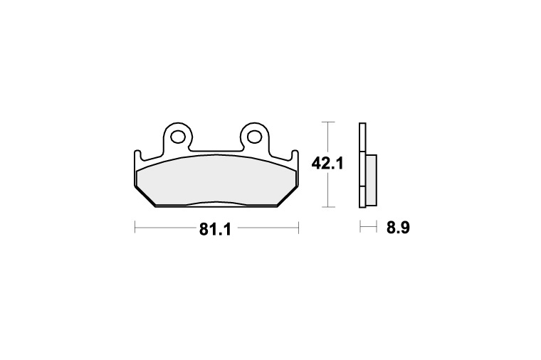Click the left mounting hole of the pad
tap(178, 136)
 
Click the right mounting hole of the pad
tap(255, 136)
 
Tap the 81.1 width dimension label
tap(214, 229)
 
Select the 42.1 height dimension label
tap(327, 163)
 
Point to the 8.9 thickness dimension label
tap(398, 228)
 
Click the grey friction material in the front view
tap(216, 180)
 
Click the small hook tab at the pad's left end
tap(137, 154)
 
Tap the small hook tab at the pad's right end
tap(295, 154)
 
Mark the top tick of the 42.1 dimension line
tap(327, 122)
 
